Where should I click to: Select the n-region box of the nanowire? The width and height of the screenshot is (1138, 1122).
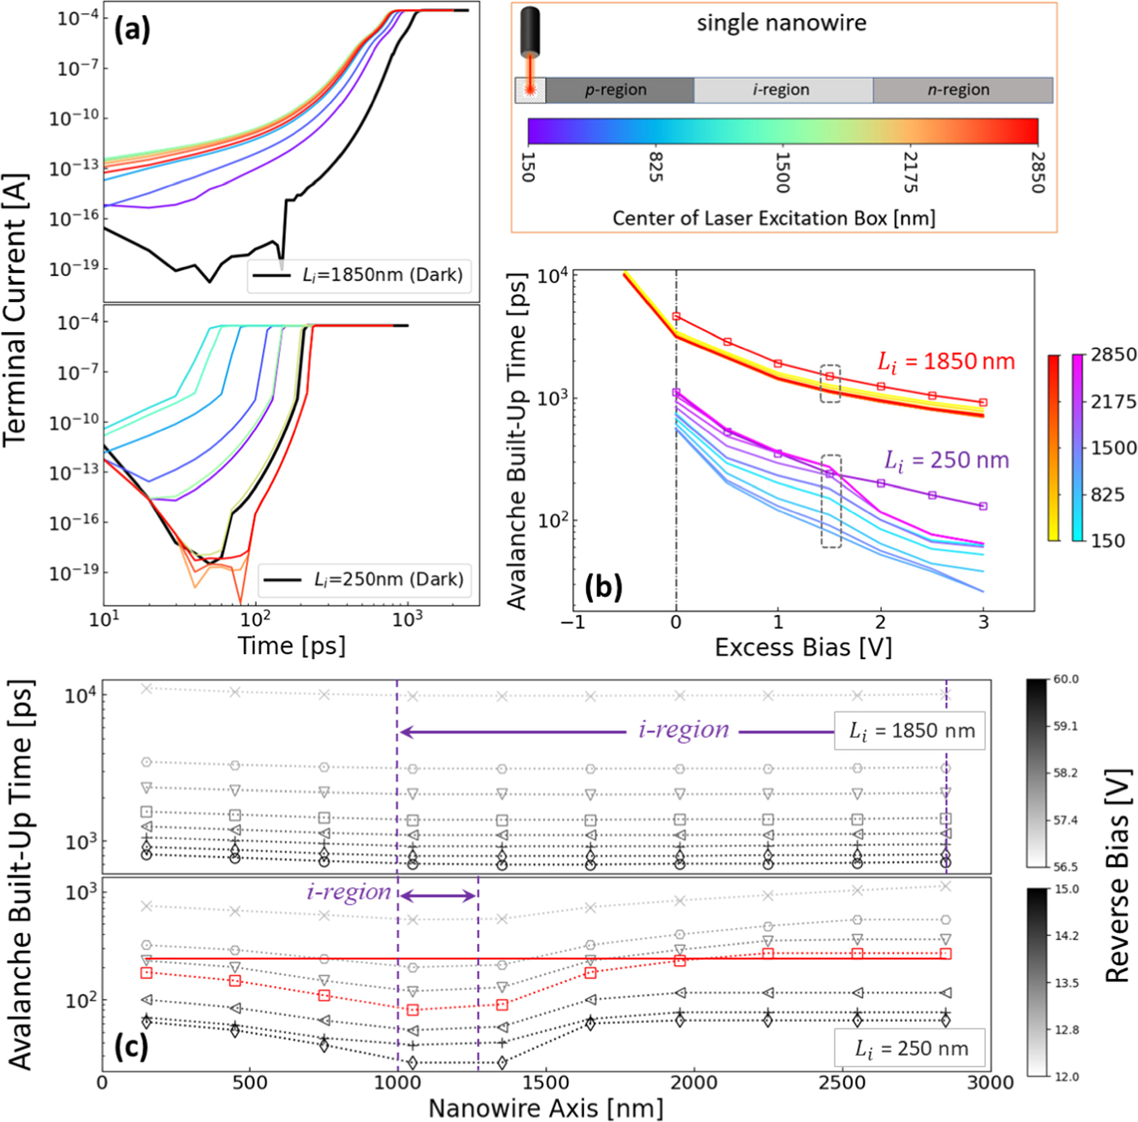coord(962,90)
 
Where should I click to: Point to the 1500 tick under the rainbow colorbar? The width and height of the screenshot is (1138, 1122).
coord(782,172)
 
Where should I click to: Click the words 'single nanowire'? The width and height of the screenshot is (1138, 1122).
coord(782,24)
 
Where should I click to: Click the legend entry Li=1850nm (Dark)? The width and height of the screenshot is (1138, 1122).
coord(359,275)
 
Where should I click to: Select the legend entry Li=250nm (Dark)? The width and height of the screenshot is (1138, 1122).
coord(364,579)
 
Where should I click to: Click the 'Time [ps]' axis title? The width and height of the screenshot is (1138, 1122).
coord(292,646)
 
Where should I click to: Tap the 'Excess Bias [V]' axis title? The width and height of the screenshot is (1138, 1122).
coord(803,647)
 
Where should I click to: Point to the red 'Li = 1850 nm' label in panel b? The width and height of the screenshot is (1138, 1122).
coord(946,361)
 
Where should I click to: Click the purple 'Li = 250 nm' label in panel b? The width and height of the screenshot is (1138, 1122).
coord(946,460)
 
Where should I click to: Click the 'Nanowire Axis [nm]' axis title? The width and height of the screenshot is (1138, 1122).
coord(545,1108)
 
